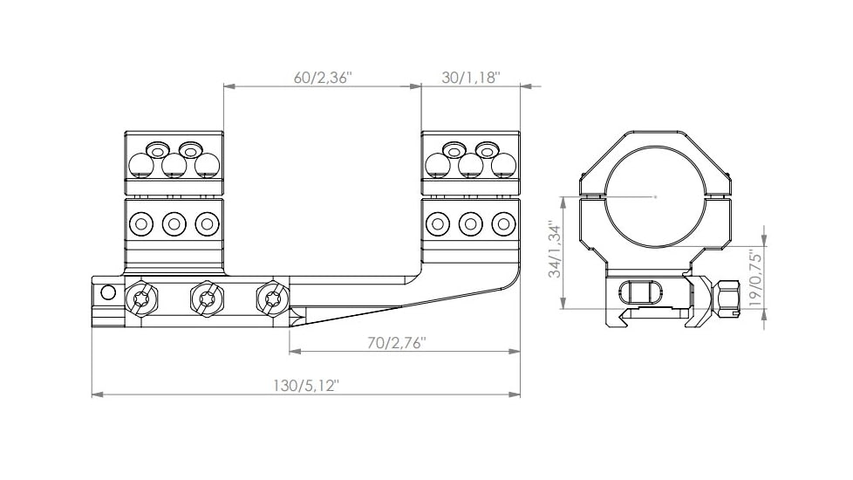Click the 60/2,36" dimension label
pos(322,78)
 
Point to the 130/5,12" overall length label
pos(305,386)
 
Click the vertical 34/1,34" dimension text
pos(554,250)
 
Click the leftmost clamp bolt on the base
pos(142,299)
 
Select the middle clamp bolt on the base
pos(207,299)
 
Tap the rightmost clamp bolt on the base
pos(272,299)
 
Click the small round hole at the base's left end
pos(108,291)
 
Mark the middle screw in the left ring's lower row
pos(174,224)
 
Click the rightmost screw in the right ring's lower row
pos(502,224)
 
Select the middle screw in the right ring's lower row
pos(471,224)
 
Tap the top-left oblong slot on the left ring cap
pos(158,147)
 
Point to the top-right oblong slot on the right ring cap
pos(486,147)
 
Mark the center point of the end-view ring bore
pos(656,197)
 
